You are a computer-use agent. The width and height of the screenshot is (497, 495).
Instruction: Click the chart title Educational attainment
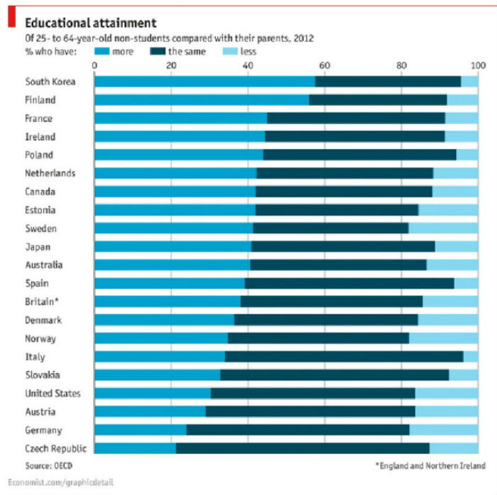[89, 23]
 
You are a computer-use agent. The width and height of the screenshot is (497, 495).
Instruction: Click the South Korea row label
[50, 82]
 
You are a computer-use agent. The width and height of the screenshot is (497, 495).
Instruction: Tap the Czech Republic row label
[55, 448]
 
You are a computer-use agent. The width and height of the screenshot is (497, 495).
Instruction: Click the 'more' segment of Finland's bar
[201, 100]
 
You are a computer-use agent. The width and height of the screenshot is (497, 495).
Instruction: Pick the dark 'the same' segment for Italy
[344, 356]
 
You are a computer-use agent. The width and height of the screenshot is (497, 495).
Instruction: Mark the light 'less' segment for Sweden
[443, 228]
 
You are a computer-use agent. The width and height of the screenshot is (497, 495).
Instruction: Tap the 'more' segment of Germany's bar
[140, 430]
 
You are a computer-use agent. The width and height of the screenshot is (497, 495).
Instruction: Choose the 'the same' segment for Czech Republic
[302, 448]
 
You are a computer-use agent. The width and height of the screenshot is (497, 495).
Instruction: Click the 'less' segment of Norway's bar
[444, 338]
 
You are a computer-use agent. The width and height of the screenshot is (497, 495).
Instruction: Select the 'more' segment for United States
[152, 393]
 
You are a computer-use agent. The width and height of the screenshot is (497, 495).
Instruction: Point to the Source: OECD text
[48, 465]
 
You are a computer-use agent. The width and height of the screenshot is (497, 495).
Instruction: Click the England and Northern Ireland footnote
[430, 465]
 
